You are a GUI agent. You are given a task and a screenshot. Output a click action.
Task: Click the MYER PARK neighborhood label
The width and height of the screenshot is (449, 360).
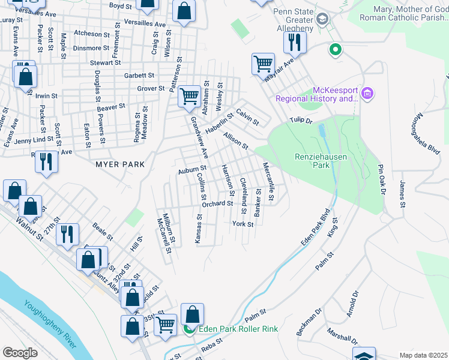pos(119,164)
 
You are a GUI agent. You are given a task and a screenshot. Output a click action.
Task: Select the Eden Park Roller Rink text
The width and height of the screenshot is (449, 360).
pos(238,329)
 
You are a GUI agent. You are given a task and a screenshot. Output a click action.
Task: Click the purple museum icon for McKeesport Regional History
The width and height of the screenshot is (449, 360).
pos(368,94)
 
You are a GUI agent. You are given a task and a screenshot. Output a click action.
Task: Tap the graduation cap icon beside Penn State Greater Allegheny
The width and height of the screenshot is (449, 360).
pos(324,19)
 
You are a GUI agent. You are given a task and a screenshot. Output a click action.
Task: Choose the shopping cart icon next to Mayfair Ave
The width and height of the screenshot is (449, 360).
pos(264,63)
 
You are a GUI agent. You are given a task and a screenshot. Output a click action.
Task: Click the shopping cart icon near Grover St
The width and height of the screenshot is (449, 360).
pos(189,95)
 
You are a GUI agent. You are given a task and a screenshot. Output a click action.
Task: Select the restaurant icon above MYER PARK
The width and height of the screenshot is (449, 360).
pos(46,161)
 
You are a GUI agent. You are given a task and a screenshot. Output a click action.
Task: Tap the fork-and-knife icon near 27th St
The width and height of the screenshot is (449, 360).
pos(67,234)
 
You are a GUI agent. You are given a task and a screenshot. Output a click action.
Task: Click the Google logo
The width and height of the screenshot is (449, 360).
pos(20,353)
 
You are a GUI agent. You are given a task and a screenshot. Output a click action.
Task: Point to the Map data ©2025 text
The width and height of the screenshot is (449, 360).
pos(423,355)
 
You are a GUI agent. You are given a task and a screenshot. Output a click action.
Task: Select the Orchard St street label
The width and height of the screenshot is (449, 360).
pos(217,204)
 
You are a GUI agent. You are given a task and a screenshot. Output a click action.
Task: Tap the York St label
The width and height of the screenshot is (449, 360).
pos(243,224)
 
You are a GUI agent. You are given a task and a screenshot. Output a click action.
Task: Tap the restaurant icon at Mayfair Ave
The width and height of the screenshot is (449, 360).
pos(295,41)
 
